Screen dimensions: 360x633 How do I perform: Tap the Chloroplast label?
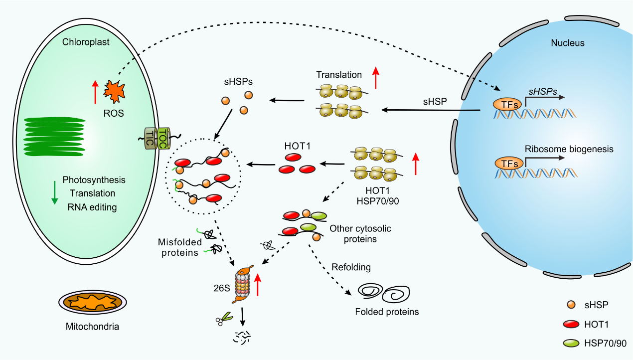point(86,42)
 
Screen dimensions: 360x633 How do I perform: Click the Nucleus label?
point(567,43)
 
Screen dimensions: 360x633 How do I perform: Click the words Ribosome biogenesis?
point(568,149)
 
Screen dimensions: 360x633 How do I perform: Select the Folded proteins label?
point(387,312)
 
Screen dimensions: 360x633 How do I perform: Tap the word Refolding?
point(351,267)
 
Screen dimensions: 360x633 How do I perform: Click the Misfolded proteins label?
point(179,247)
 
